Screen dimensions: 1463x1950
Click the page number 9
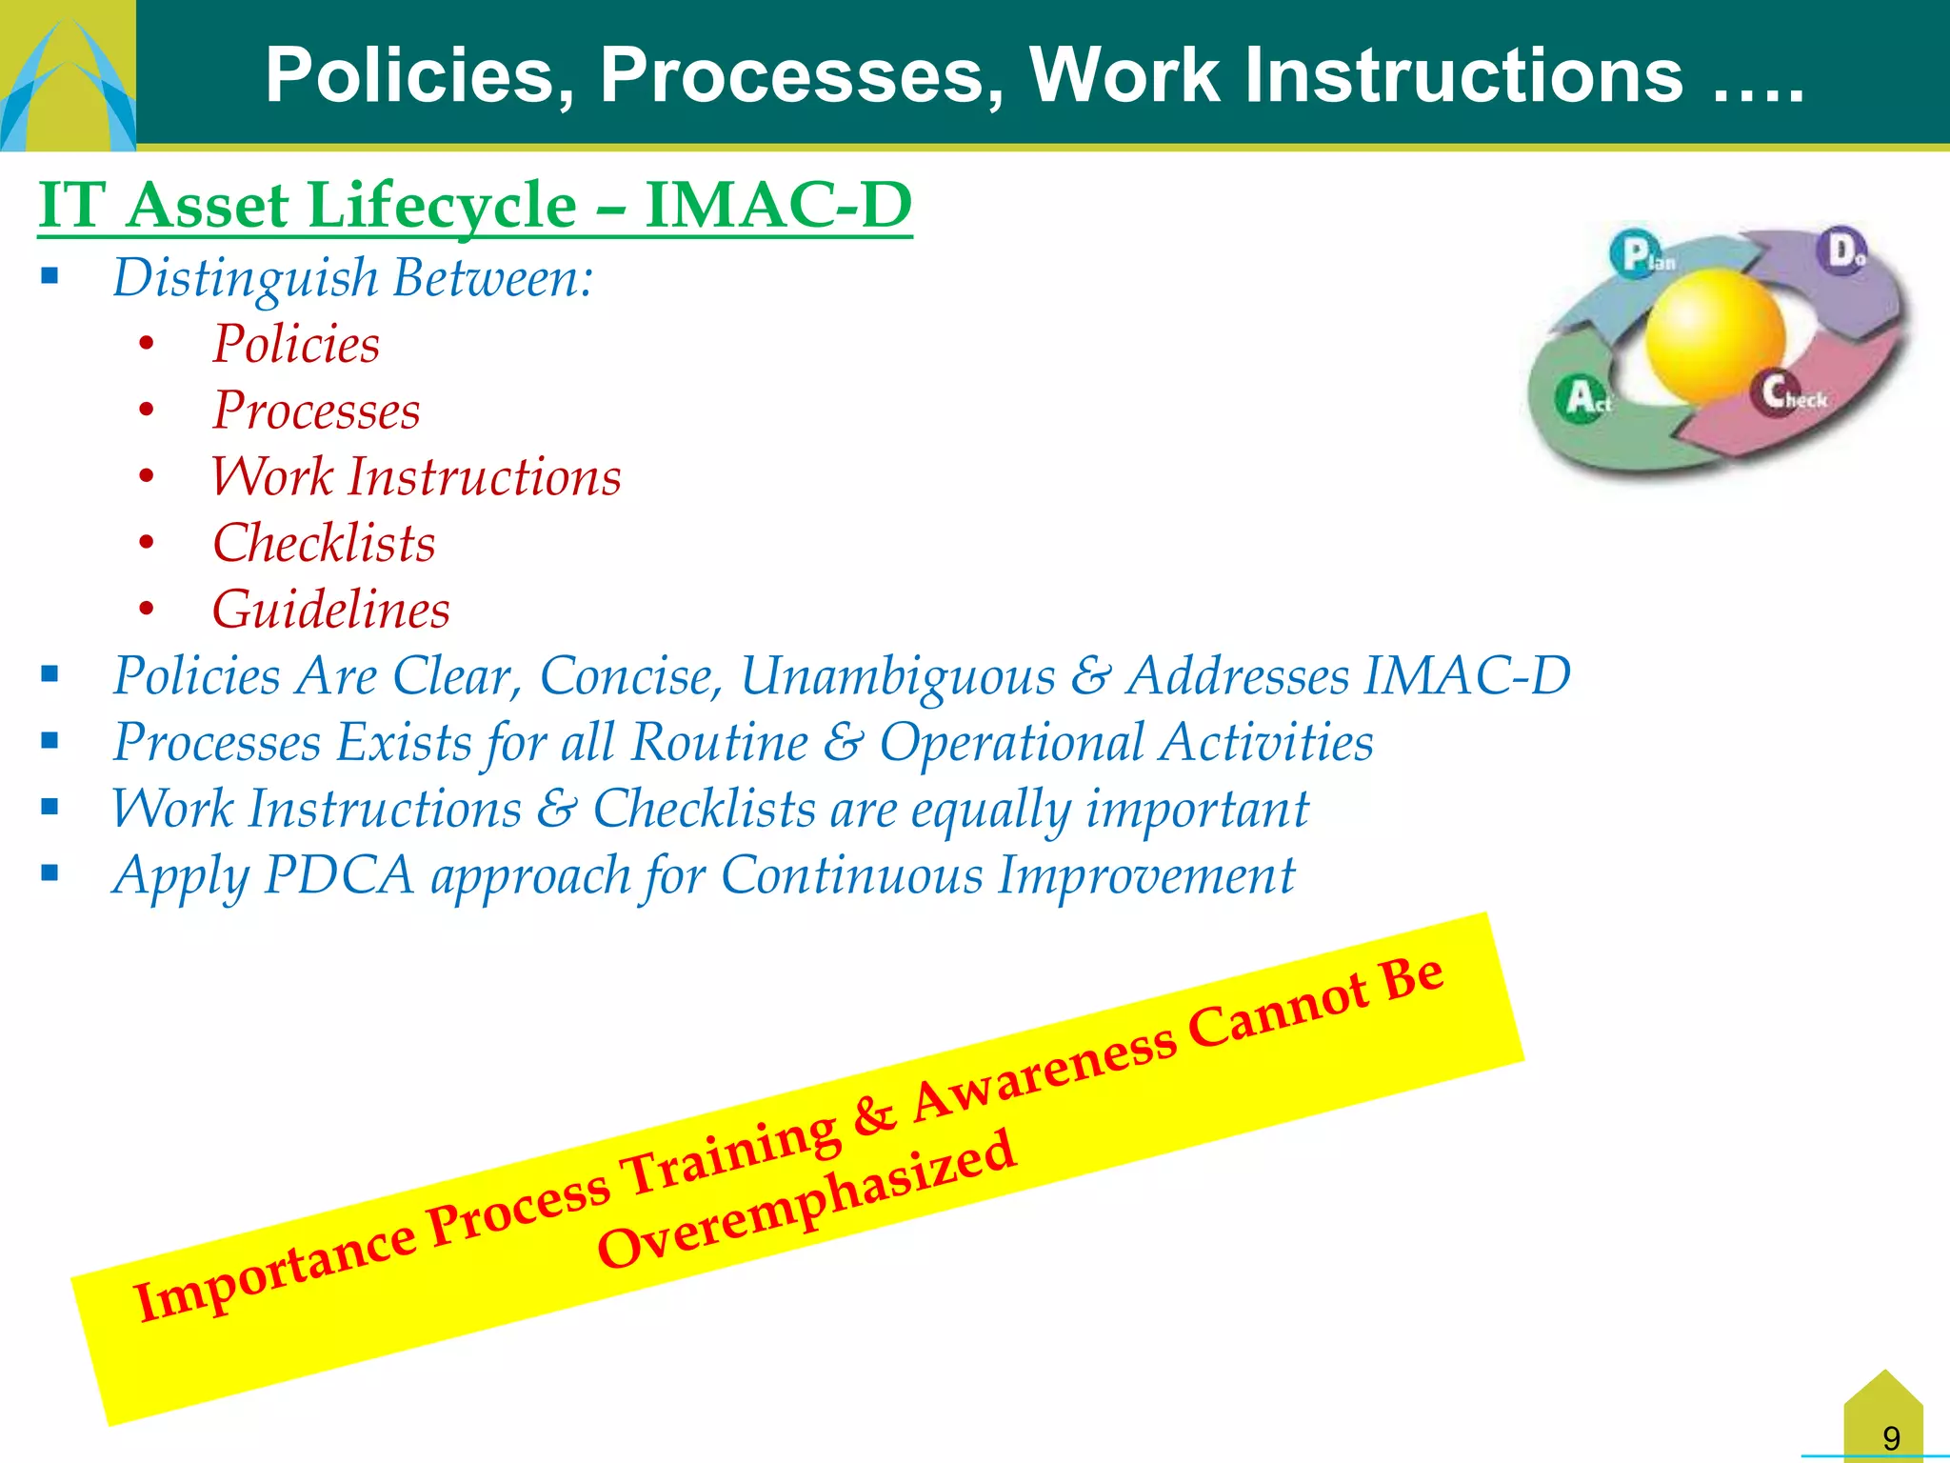point(1891,1437)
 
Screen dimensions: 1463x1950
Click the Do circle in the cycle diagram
point(1844,251)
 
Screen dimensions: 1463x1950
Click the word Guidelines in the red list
point(330,610)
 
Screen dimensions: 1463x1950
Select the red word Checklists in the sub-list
point(324,544)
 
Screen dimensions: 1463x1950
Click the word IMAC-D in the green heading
point(778,205)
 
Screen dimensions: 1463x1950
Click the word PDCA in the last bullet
point(339,874)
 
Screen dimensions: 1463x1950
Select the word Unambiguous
point(897,676)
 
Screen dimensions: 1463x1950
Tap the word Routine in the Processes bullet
point(719,742)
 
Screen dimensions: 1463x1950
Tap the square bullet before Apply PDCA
point(50,872)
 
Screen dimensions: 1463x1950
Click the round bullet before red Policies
point(146,344)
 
